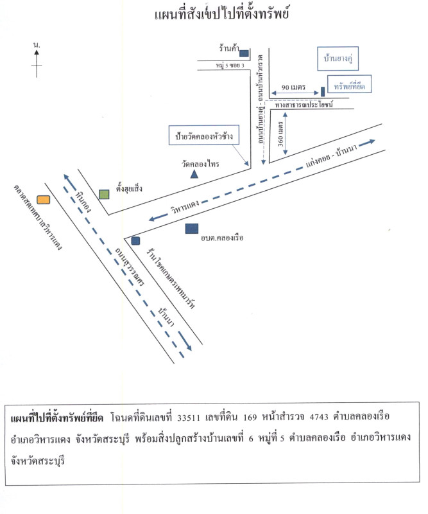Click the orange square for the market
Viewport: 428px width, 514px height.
point(43,200)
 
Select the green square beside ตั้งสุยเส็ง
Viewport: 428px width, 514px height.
point(104,194)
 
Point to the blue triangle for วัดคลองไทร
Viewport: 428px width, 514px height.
point(194,173)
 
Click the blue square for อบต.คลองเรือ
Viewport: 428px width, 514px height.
point(191,228)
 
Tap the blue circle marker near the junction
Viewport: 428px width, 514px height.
point(135,241)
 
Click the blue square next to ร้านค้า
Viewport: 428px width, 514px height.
point(244,53)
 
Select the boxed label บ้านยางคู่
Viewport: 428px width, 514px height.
point(338,58)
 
